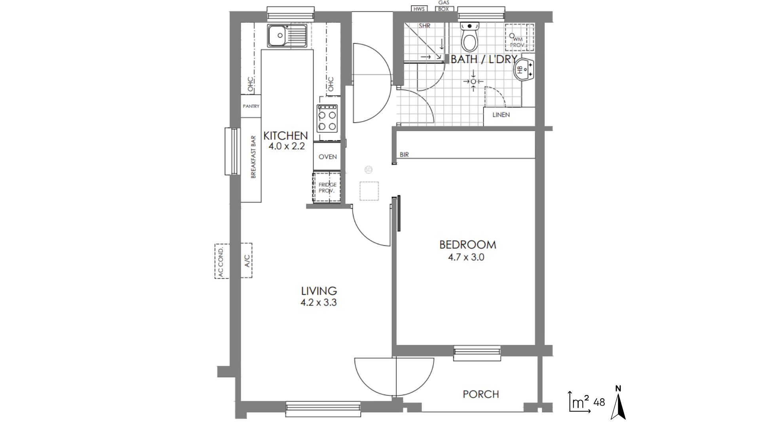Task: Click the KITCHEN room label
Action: [285, 136]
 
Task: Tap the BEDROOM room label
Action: [467, 245]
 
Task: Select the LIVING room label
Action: [319, 291]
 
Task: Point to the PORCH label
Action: [481, 394]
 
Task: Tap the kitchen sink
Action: [287, 36]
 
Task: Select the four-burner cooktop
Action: [327, 118]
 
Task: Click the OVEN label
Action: [328, 157]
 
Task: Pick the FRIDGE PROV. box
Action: [327, 187]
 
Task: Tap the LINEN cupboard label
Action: [501, 115]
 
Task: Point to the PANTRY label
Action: [251, 106]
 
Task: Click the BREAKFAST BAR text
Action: [253, 157]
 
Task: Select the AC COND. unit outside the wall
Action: [222, 262]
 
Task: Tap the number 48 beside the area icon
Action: [599, 402]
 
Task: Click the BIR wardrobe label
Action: [404, 155]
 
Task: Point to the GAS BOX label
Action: [443, 6]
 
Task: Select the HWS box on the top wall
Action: [418, 9]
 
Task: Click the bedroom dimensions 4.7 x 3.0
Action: [466, 257]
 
